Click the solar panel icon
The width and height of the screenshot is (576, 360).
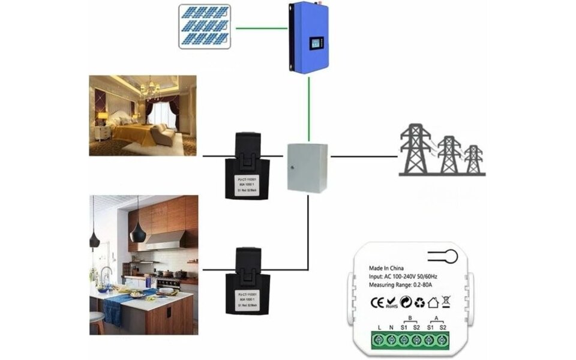click(205, 26)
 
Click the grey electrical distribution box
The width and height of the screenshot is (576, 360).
click(308, 167)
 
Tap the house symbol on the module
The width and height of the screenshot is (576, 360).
click(432, 299)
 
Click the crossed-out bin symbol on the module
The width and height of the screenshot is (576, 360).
click(445, 299)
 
